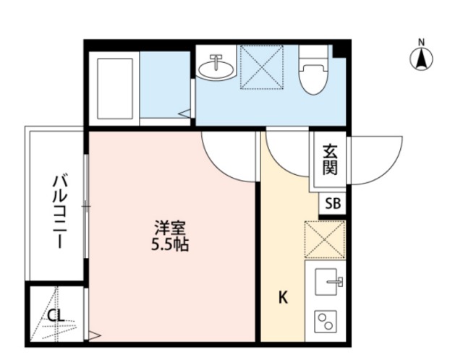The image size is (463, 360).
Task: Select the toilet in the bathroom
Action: pyautogui.click(x=314, y=72)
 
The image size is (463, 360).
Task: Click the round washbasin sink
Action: pyautogui.click(x=215, y=67)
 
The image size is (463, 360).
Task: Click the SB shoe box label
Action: pyautogui.click(x=333, y=204)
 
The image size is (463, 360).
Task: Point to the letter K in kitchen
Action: pyautogui.click(x=284, y=297)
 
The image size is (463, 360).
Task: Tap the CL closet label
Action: pyautogui.click(x=55, y=315)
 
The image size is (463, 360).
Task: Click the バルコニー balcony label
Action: pyautogui.click(x=58, y=210)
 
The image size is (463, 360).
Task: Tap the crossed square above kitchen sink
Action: pyautogui.click(x=325, y=239)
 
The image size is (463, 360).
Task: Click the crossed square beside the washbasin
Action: pyautogui.click(x=261, y=67)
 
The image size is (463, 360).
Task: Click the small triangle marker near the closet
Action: pyautogui.click(x=93, y=335)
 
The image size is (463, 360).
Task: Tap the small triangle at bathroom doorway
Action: pyautogui.click(x=185, y=113)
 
